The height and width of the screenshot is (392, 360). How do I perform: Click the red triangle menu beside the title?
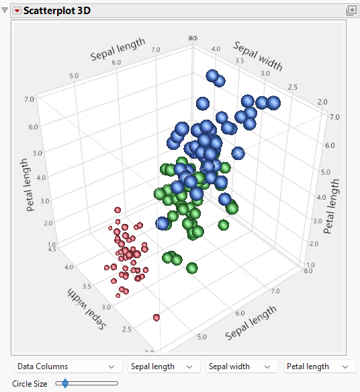click(x=17, y=11)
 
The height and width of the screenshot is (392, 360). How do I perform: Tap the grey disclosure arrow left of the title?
click(x=7, y=11)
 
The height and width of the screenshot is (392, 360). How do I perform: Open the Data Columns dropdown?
click(x=66, y=366)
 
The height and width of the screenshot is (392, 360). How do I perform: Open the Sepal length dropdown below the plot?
click(x=164, y=366)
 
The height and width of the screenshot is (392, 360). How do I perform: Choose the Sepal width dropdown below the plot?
click(x=241, y=366)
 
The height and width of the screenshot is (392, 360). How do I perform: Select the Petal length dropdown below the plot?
click(x=319, y=366)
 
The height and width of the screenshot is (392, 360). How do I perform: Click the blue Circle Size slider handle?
click(x=64, y=384)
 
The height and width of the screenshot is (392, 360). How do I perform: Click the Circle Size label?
click(x=30, y=384)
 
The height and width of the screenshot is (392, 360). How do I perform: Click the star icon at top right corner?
click(x=351, y=11)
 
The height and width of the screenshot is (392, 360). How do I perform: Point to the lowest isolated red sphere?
click(x=156, y=317)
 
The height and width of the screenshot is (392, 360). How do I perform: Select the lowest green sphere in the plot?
click(x=192, y=268)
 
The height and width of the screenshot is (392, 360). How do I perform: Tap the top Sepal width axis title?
click(x=258, y=56)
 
